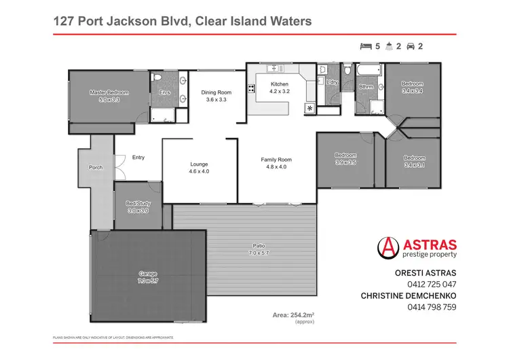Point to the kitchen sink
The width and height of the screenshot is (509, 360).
[276, 69]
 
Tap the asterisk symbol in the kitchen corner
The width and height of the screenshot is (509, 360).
[310, 108]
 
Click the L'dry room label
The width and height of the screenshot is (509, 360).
[332, 82]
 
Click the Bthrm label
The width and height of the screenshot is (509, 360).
[366, 86]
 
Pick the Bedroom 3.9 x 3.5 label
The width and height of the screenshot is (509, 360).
[345, 157]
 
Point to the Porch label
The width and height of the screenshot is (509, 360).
[96, 168]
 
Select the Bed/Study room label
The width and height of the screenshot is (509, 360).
[137, 202]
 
